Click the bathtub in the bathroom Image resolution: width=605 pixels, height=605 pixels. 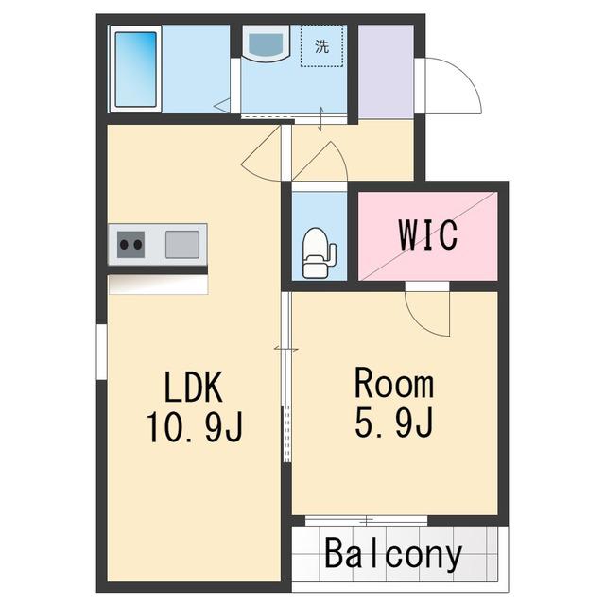135,69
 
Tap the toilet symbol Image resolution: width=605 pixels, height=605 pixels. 319,252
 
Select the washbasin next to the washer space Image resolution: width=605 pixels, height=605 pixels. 267,43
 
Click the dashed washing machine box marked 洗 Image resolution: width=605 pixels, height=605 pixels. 321,46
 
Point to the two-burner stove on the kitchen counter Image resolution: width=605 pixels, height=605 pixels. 130,244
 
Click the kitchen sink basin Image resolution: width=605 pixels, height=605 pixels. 182,244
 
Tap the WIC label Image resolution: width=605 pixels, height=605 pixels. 428,234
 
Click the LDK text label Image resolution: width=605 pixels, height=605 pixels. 193,387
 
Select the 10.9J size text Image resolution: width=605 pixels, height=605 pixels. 194,426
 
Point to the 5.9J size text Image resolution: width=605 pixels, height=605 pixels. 393,423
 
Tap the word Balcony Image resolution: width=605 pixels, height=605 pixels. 393,554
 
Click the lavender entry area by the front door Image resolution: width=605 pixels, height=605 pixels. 386,72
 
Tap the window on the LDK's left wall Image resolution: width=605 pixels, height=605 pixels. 101,352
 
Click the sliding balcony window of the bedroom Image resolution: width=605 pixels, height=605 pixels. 366,521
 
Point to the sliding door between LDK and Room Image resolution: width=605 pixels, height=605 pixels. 286,376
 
